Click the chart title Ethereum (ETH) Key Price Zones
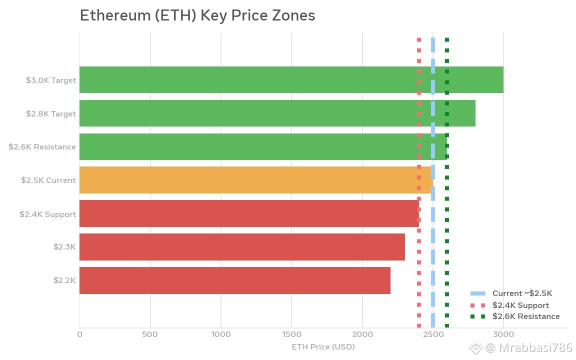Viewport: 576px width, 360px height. (197, 16)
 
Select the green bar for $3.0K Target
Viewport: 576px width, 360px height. (291, 79)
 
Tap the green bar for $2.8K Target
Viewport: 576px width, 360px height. (277, 113)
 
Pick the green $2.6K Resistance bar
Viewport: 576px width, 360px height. (263, 146)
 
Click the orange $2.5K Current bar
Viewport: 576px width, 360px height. (256, 180)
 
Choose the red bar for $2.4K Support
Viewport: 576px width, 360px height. (249, 213)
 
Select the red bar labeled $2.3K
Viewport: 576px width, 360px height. (242, 247)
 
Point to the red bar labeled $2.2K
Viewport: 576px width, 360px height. (235, 280)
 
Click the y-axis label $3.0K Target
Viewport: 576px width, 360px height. (51, 80)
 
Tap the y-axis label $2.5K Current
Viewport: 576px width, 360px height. (48, 180)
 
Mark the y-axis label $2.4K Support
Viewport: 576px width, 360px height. (48, 214)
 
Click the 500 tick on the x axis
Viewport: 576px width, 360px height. (150, 334)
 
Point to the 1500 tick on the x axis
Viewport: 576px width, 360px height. (291, 334)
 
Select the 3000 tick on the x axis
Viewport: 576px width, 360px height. (503, 334)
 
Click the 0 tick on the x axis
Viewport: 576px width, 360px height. (79, 334)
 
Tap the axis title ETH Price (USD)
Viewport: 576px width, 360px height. (323, 347)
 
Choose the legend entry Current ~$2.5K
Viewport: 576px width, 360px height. (511, 293)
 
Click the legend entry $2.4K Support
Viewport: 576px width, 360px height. (509, 305)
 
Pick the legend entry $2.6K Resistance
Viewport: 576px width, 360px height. (515, 316)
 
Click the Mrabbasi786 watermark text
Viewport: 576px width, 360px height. (535, 347)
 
